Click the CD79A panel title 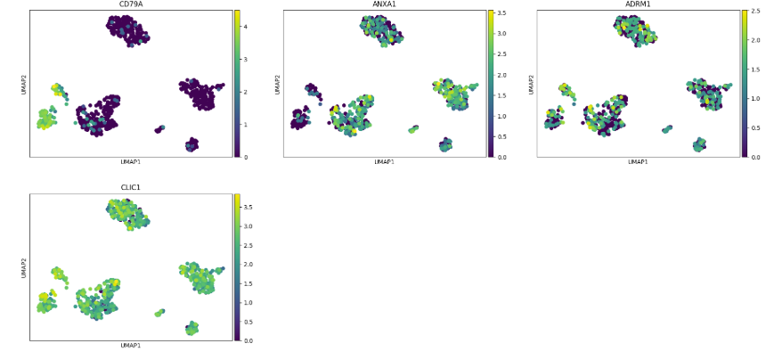(x=131, y=4)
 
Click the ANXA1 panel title (x=384, y=4)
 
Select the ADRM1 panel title (x=638, y=4)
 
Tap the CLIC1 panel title (x=131, y=188)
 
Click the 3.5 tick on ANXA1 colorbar (x=501, y=14)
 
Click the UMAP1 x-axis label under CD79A (x=131, y=162)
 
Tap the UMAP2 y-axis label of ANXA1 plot (x=277, y=84)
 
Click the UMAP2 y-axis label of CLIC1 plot (x=23, y=267)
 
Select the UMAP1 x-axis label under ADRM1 (x=638, y=162)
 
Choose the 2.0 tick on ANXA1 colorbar (x=501, y=75)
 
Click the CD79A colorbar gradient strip (x=237, y=84)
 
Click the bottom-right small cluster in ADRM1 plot (x=699, y=144)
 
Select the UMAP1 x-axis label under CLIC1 (x=131, y=346)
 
